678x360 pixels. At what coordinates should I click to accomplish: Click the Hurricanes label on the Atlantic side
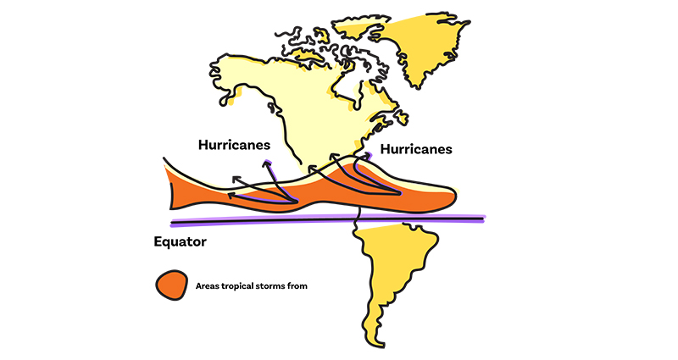416,149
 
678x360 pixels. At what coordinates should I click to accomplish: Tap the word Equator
181,241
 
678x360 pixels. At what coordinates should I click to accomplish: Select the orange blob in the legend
170,285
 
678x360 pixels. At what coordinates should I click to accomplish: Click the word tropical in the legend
232,286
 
